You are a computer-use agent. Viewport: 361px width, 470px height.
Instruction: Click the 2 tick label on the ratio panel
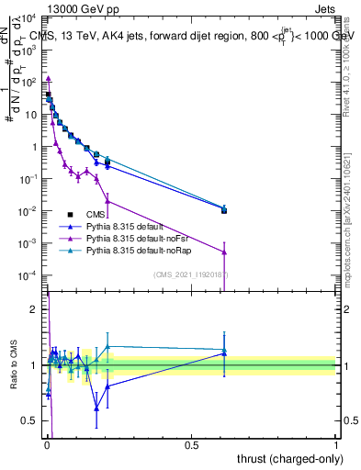pyautogui.click(x=34, y=309)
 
